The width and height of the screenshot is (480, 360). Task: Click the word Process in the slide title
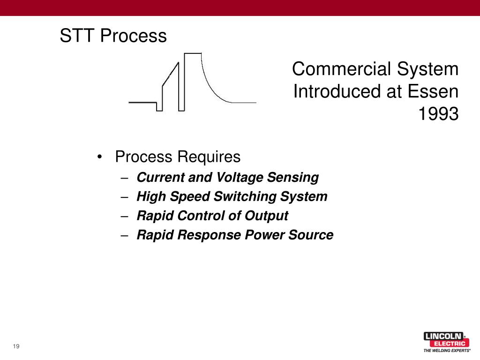click(134, 36)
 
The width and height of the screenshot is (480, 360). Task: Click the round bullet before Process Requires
click(100, 157)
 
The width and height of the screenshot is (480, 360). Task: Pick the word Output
click(266, 216)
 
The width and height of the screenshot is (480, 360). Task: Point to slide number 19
click(16, 346)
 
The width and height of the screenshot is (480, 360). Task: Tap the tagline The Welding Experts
click(447, 350)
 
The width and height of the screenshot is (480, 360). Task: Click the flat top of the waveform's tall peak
click(193, 53)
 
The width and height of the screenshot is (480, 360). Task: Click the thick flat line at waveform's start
click(142, 102)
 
